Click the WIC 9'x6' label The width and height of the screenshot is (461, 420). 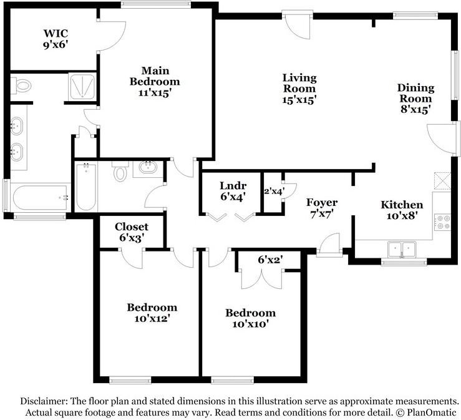pos(56,39)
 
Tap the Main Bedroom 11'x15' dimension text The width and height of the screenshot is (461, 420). pos(155,93)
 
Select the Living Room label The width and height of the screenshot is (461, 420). pos(299,83)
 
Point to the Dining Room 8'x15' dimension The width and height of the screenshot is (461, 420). pos(415,109)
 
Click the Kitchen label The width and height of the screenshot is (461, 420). pos(402,205)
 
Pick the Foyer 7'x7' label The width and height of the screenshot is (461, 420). pos(322,208)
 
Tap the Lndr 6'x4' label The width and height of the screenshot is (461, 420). pos(233,191)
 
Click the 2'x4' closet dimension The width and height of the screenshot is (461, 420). pos(274,192)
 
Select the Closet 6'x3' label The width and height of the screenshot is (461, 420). pos(132,232)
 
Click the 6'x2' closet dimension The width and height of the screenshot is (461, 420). pos(271,260)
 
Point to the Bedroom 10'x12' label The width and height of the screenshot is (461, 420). pos(152,313)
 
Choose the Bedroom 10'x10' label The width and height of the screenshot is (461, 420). pos(251,318)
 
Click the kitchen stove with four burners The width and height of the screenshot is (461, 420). pos(442,222)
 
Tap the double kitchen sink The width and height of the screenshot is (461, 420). pos(402,250)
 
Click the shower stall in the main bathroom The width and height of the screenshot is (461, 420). pos(82,86)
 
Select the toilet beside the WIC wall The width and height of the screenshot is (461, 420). pos(21,85)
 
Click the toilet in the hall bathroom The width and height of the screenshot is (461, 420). pos(120,172)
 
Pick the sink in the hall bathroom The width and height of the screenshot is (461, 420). pos(148,168)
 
